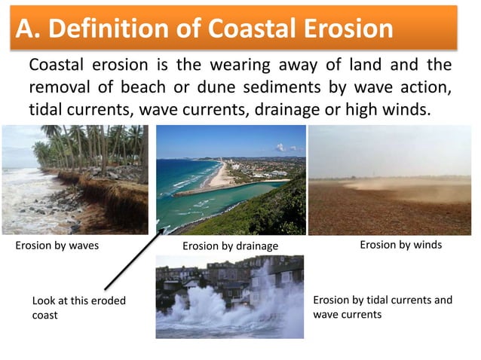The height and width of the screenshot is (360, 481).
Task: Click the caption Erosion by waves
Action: click(x=57, y=246)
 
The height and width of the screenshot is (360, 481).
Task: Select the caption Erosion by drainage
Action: click(x=231, y=246)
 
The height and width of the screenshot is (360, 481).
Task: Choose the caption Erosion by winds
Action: click(x=400, y=245)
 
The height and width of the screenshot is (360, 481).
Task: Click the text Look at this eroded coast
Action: click(x=78, y=307)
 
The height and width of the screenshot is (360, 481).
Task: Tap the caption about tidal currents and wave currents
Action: click(x=382, y=307)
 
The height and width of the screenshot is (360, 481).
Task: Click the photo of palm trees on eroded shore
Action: click(x=75, y=180)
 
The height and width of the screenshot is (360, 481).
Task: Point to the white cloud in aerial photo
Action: click(x=281, y=148)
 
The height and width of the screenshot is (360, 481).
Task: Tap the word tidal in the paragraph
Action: click(x=50, y=109)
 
